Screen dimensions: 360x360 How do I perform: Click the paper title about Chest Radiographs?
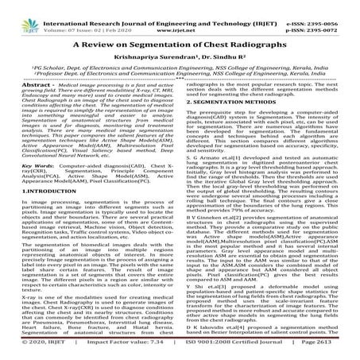179,44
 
